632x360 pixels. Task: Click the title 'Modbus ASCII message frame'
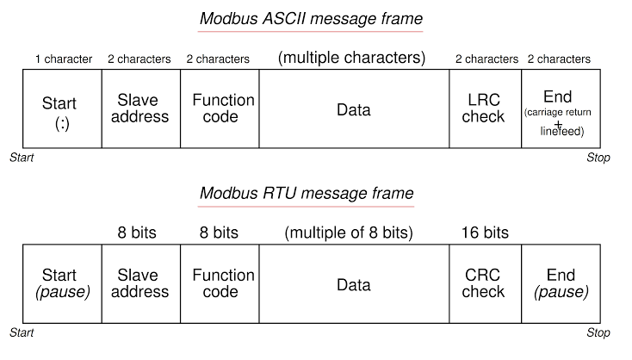point(311,18)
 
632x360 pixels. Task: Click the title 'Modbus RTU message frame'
point(307,193)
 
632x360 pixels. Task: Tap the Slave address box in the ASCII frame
point(140,109)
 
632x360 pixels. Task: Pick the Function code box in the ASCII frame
point(220,109)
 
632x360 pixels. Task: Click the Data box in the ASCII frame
point(354,109)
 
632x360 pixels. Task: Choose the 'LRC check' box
point(485,109)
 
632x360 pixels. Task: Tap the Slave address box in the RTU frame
point(140,283)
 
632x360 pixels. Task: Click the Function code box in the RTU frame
point(220,283)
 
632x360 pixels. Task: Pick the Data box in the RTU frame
point(354,283)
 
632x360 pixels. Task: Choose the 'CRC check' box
point(485,283)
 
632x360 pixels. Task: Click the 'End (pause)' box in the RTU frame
point(561,283)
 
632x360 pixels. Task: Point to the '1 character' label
point(64,59)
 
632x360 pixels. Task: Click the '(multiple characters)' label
point(351,59)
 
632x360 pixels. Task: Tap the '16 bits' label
point(485,233)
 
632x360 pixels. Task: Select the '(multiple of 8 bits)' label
point(349,233)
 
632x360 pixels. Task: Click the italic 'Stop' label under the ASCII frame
point(598,158)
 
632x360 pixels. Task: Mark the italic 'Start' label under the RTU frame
point(22,332)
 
